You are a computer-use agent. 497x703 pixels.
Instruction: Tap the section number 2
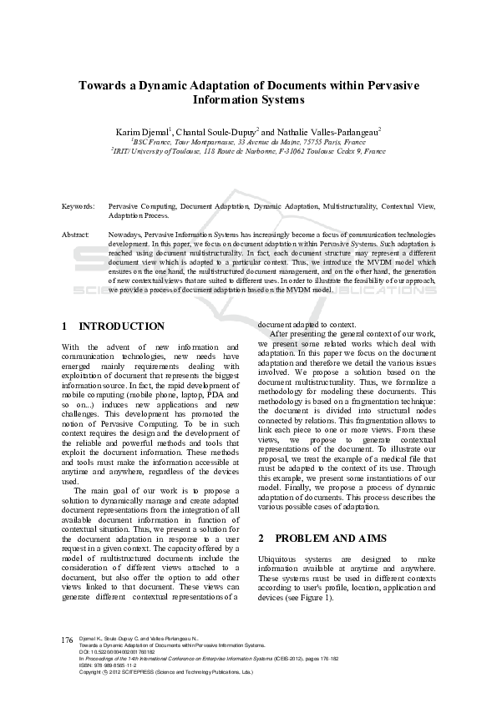tap(261, 539)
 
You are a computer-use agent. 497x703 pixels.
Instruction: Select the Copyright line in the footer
tap(167, 672)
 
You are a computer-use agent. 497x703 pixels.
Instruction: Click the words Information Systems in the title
tap(249, 100)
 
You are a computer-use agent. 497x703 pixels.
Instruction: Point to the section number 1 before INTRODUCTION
tap(65, 326)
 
